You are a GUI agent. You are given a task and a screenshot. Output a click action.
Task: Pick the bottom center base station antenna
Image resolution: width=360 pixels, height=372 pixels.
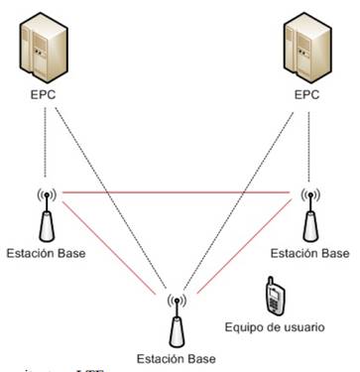point(178,317)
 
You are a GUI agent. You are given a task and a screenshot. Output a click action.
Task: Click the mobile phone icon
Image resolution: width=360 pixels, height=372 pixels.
point(275,296)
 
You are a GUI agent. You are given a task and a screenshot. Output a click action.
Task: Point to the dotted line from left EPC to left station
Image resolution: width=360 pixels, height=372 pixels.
point(47,144)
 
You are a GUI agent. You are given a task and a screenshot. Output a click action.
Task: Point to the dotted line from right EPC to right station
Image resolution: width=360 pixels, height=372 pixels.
point(309,144)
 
